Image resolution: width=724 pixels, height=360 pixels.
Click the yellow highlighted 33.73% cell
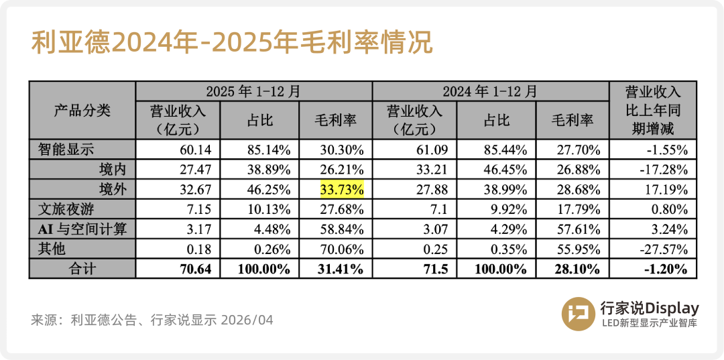343,189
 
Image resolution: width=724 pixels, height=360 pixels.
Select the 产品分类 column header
82,111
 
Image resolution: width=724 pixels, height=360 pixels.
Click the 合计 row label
82,269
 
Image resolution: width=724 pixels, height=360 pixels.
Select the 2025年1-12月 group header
253,91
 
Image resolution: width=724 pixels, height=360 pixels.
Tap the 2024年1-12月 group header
490,91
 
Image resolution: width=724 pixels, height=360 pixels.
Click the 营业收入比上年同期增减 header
652,111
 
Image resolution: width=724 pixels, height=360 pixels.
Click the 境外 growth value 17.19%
666,189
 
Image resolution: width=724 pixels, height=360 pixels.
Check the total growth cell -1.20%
664,269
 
